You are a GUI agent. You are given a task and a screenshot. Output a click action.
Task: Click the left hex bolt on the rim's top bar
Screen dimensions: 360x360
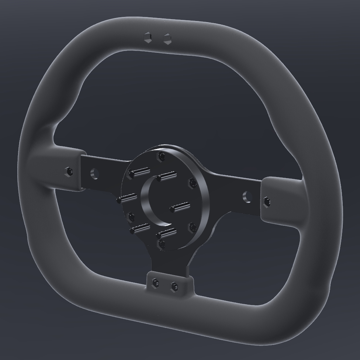coord(148,38)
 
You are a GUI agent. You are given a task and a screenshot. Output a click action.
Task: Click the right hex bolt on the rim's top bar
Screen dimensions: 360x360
coord(167,39)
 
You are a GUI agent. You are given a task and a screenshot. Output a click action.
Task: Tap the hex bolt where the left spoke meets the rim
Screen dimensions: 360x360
coord(69,171)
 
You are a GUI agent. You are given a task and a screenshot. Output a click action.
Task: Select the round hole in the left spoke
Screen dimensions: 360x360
coord(94,173)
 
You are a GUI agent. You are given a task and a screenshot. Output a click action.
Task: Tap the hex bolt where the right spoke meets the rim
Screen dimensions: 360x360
coord(267,201)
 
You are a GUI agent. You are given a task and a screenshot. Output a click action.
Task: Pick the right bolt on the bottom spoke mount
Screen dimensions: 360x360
coord(174,286)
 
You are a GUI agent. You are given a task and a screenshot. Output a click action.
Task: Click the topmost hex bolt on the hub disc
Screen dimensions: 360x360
coord(161,157)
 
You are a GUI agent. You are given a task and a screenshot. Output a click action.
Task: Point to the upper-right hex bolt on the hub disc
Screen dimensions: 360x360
coord(192,183)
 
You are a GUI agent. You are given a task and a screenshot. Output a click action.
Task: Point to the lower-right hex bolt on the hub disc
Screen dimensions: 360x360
coord(192,227)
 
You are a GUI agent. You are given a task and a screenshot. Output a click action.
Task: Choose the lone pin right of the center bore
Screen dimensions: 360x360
coord(180,207)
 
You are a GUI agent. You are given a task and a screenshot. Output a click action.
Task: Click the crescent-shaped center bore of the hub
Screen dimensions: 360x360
coord(149,201)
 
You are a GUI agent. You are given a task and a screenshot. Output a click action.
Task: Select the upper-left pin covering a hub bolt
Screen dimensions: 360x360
coord(139,172)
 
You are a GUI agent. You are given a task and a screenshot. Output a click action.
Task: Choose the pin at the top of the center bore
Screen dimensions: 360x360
coord(165,177)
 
